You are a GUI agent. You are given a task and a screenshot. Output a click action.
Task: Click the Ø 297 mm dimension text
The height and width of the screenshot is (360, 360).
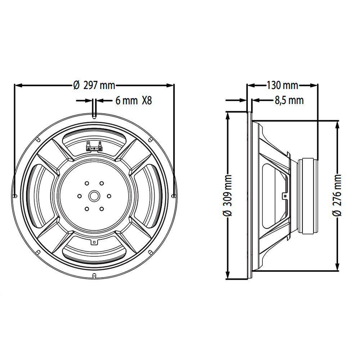94,85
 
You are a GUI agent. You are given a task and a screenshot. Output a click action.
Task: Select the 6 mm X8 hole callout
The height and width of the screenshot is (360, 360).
134,101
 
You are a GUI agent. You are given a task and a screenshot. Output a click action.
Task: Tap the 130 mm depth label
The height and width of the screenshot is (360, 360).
282,85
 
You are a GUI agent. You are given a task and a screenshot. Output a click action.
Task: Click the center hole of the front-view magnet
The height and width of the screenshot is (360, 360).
94,196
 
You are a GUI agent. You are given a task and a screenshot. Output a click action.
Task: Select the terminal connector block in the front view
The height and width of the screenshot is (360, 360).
94,148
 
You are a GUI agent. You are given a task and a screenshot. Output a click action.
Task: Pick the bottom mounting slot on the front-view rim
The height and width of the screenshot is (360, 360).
94,276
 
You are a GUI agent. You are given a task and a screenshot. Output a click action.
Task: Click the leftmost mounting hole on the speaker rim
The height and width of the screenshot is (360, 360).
15,196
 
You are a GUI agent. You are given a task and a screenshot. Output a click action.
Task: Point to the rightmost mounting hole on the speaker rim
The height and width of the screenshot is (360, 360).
174,196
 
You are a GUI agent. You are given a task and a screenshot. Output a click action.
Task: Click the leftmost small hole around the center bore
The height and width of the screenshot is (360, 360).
79,196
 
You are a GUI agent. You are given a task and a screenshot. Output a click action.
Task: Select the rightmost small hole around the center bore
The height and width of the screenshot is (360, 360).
109,196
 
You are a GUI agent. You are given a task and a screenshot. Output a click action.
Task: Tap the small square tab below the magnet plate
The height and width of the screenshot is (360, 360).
94,242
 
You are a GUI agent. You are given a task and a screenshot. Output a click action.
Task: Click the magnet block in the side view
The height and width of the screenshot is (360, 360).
308,196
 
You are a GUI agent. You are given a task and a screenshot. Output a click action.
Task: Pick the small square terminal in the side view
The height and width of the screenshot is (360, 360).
285,196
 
